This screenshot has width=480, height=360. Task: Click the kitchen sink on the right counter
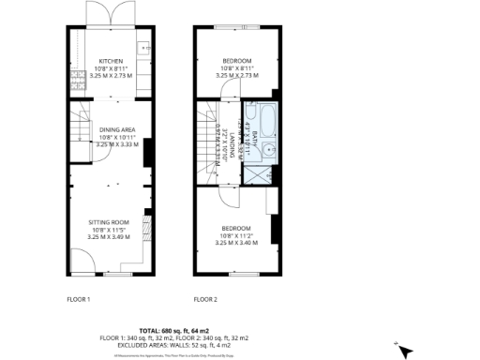point(145,48)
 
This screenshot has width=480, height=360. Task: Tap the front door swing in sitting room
point(83,266)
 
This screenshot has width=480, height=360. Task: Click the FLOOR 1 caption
point(78,299)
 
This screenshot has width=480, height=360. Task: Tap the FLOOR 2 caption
point(205,299)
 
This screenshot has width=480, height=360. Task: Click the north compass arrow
point(404,351)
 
